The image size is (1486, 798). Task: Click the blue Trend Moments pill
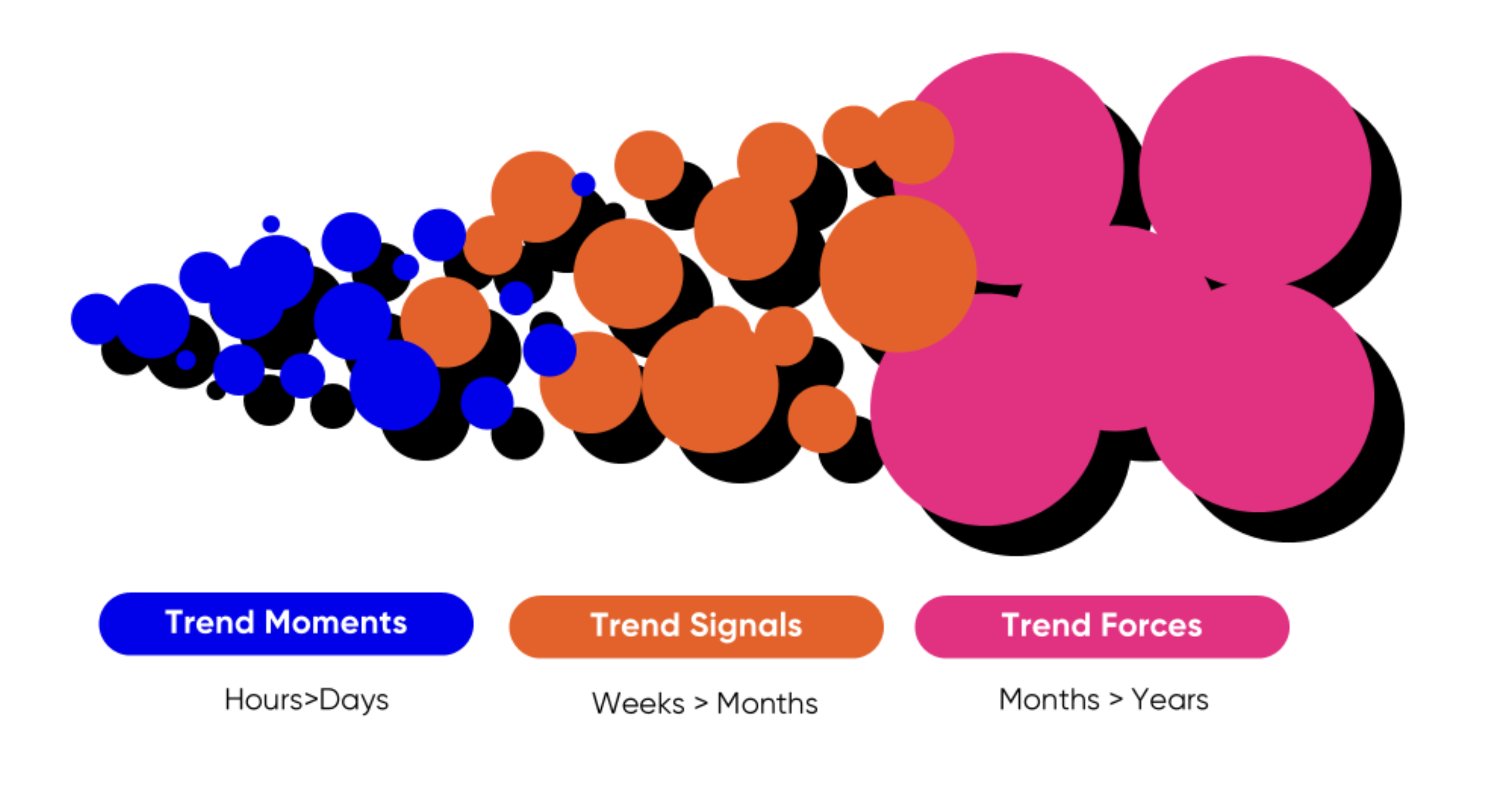[286, 624]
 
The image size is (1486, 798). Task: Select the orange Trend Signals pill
[697, 626]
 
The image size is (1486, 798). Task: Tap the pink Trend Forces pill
[1102, 626]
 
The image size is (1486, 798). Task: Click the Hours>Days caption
[306, 701]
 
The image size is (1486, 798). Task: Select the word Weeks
[638, 704]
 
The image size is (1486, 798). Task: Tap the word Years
[1170, 700]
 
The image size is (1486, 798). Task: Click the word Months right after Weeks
[767, 704]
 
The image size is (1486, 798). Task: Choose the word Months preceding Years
[1049, 700]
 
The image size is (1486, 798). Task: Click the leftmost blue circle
[96, 318]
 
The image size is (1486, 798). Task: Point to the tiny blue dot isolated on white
[271, 224]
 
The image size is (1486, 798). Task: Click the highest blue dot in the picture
[583, 184]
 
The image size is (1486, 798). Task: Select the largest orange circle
[898, 274]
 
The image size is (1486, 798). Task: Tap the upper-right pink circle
[1255, 171]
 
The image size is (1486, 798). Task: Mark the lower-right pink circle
[1258, 397]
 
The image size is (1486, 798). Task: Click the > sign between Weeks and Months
[701, 703]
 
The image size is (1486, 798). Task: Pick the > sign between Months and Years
[1116, 699]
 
